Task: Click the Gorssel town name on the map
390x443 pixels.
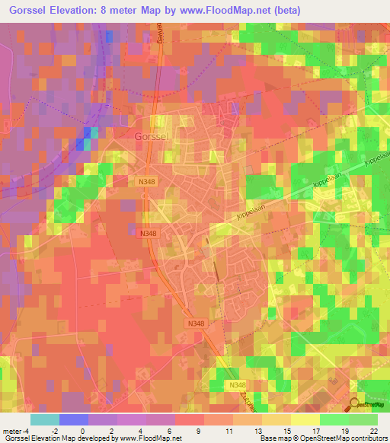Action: click(x=151, y=136)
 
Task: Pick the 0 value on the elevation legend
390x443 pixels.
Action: click(x=83, y=431)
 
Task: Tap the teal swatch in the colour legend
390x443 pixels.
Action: click(x=44, y=419)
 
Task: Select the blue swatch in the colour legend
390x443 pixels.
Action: click(x=73, y=419)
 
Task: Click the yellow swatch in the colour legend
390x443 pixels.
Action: click(x=305, y=419)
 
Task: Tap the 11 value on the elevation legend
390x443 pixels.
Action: click(x=228, y=431)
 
